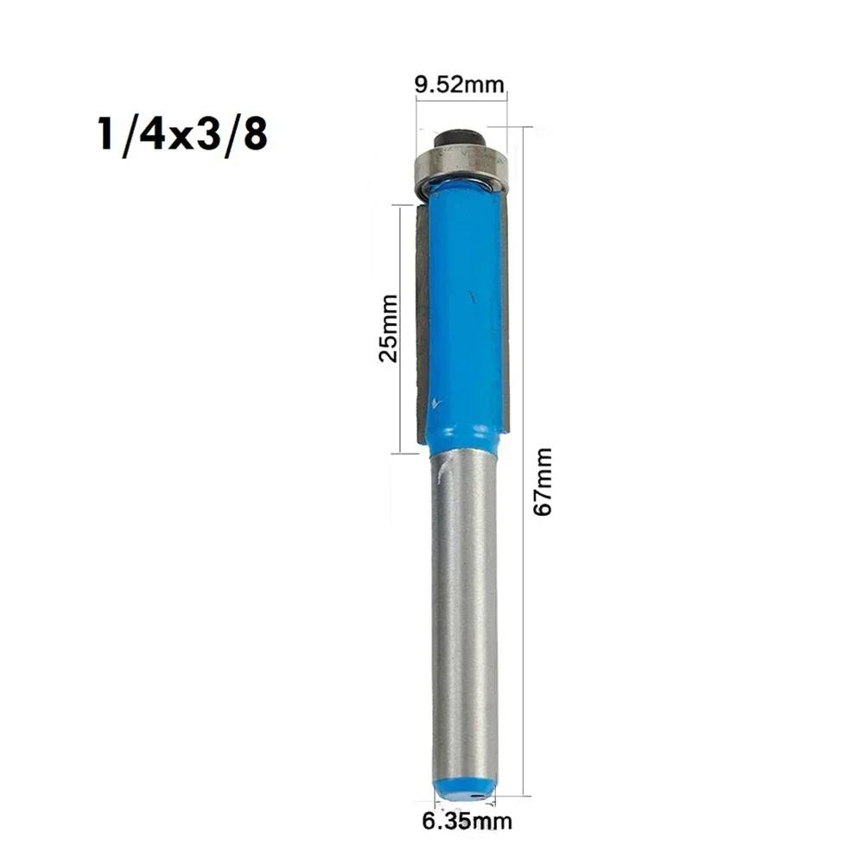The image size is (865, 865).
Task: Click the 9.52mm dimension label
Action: coord(460,85)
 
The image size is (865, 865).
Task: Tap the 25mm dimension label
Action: coord(389,328)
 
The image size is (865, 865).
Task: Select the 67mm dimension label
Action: coord(543,481)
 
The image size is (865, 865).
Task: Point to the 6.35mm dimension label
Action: coord(467,821)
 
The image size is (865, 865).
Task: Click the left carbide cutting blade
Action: coord(420,320)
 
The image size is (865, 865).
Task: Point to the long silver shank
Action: coord(464,614)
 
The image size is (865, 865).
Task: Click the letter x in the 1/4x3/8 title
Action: coord(181,139)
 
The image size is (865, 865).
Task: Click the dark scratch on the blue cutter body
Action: coord(472,297)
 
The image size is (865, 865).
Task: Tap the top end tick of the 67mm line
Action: coord(524,126)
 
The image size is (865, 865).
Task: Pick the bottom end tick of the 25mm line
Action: coord(401,453)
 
